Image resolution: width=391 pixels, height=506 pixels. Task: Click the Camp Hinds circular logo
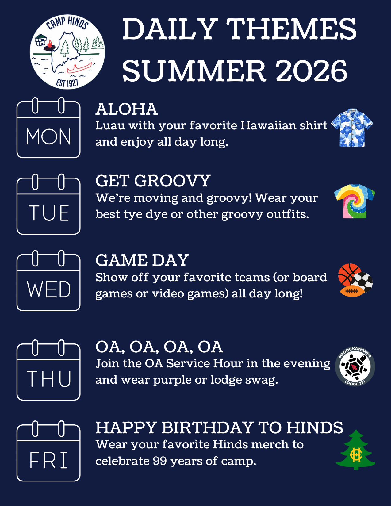(x=67, y=52)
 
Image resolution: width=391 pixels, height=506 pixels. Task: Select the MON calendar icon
(x=48, y=128)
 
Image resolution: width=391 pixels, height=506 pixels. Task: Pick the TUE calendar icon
(x=48, y=204)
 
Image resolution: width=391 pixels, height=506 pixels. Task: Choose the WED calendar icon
(x=48, y=281)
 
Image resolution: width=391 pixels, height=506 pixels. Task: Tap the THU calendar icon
(x=48, y=370)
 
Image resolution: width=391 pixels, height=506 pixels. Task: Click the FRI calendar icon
(x=48, y=451)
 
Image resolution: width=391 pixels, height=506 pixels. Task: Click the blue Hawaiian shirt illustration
(x=352, y=128)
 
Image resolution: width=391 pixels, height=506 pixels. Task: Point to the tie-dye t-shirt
(x=355, y=201)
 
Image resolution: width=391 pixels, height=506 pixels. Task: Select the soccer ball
(x=362, y=282)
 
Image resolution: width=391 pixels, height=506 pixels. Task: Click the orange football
(x=352, y=291)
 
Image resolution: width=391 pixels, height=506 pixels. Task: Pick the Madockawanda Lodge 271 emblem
(x=355, y=366)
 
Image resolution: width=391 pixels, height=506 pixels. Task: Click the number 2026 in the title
(x=312, y=71)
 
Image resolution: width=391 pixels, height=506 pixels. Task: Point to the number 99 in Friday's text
(x=160, y=461)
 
